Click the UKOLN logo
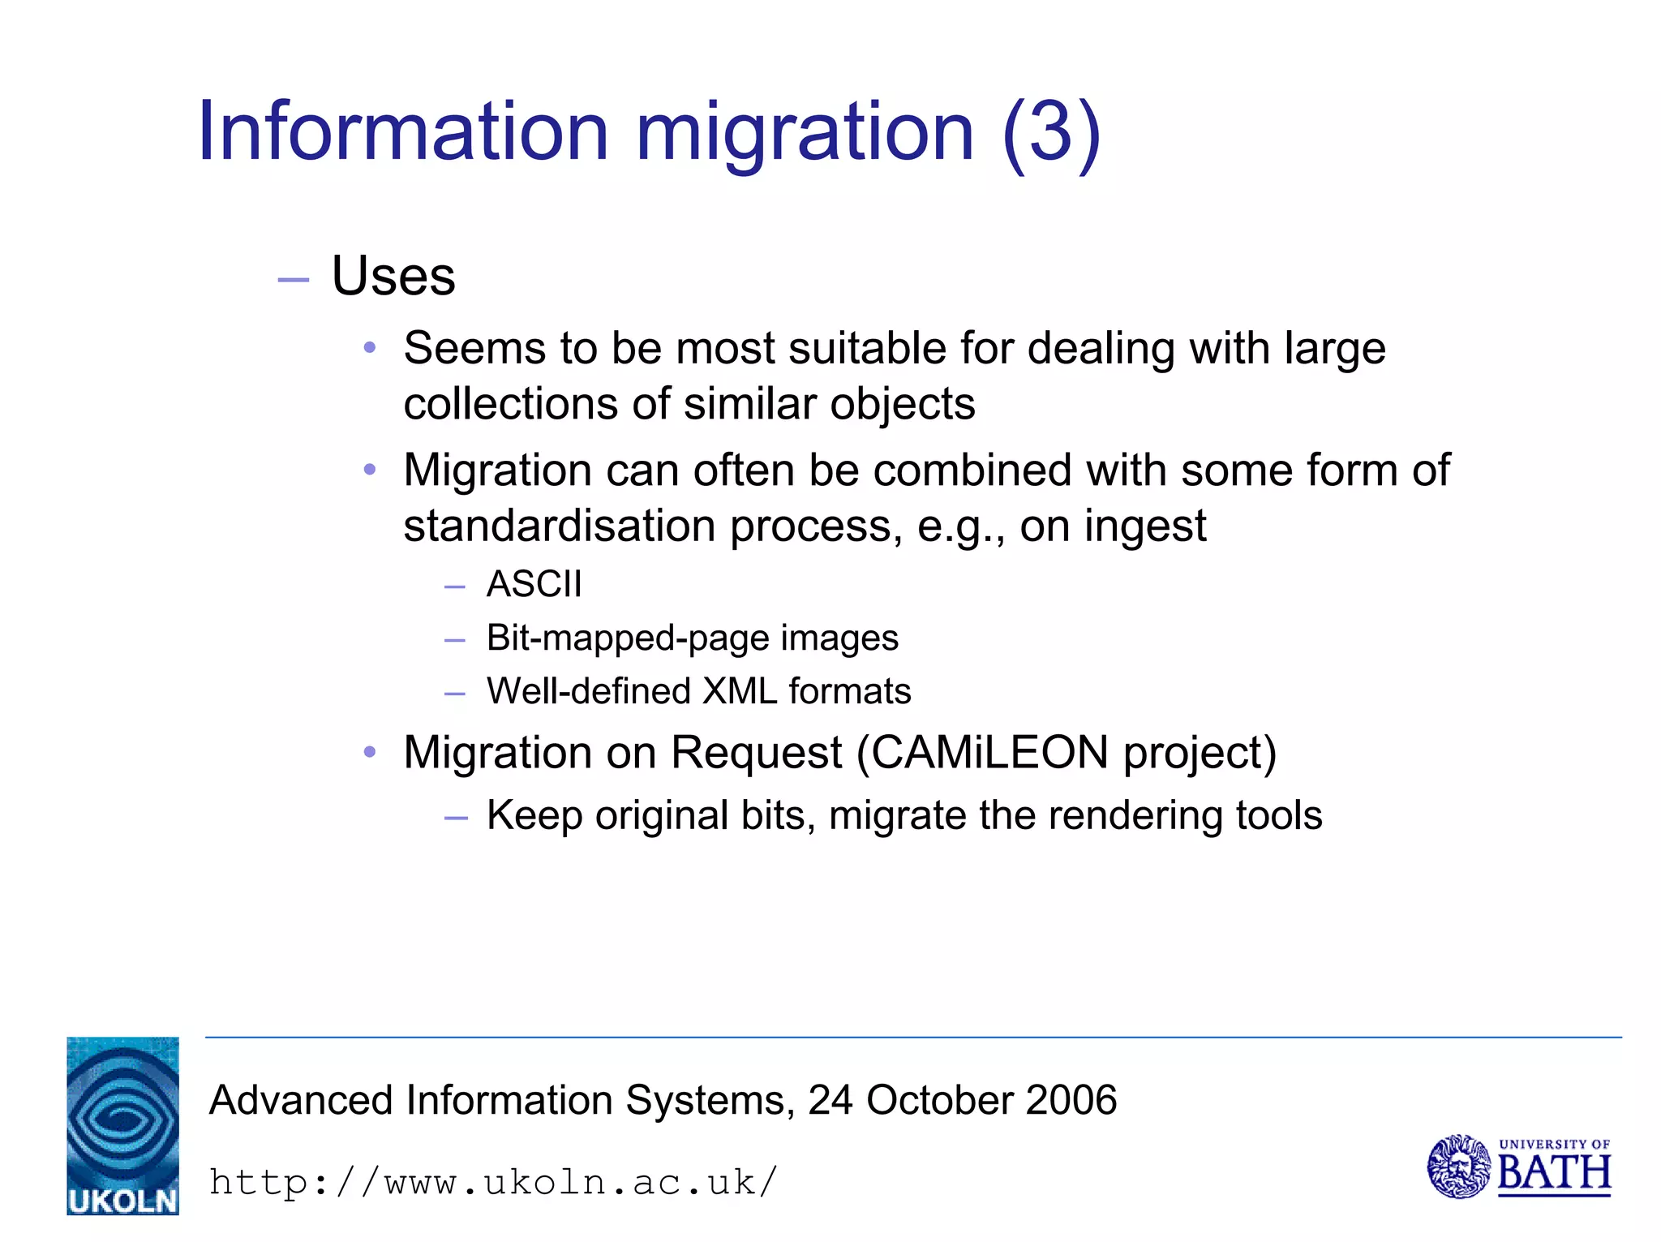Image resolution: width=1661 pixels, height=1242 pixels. tap(122, 1125)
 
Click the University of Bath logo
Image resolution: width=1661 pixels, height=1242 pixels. tap(1518, 1167)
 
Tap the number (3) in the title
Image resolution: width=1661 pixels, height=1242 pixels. tap(1051, 132)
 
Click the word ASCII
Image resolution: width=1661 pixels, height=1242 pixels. tap(534, 584)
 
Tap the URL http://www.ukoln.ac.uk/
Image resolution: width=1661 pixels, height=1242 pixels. tap(493, 1182)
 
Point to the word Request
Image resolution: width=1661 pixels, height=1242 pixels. tap(757, 753)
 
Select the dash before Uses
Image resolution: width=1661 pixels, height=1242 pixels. tap(293, 280)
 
